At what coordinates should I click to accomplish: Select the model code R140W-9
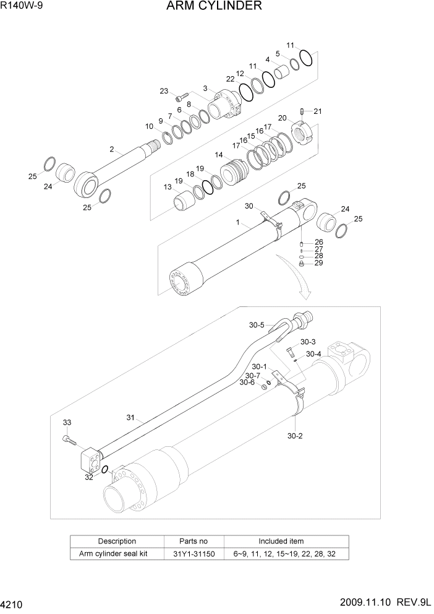click(23, 7)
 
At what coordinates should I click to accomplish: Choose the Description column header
click(117, 541)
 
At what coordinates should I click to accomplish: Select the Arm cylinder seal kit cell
click(117, 553)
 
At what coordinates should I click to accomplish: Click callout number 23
click(164, 91)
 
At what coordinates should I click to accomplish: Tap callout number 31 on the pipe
click(130, 418)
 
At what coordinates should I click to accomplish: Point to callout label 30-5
click(257, 325)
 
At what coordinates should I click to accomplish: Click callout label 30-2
click(295, 436)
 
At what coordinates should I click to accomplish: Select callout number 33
click(67, 422)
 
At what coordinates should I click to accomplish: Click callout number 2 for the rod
click(112, 149)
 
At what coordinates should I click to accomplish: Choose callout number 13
click(168, 187)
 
